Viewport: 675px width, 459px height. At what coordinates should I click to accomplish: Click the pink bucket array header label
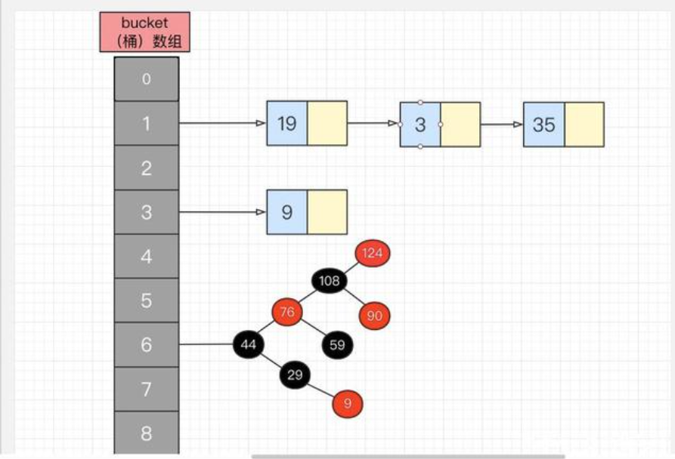144,32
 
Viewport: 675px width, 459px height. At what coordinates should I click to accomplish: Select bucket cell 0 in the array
147,79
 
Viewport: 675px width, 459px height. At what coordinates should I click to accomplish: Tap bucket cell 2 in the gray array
147,168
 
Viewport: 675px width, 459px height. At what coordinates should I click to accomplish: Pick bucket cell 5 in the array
147,301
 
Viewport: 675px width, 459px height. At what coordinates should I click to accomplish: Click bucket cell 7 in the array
147,390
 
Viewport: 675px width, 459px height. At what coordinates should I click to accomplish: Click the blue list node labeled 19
286,124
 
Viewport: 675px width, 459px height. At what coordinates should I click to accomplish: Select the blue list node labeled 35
543,125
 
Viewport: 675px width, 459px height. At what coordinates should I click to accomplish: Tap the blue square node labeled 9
286,212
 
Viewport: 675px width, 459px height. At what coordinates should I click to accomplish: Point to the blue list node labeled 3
420,125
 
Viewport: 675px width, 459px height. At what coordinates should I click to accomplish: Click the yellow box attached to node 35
584,125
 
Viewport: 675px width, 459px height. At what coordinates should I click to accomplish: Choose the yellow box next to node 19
327,124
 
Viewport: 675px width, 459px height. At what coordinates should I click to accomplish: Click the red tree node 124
372,253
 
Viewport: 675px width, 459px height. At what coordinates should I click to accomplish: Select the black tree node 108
330,282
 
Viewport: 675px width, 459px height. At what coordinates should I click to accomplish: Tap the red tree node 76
287,312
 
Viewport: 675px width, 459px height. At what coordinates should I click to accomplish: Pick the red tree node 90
374,316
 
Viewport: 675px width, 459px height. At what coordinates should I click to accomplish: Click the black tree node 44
249,344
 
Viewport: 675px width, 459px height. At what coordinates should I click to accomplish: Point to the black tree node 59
337,346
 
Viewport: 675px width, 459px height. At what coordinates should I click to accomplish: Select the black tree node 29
296,375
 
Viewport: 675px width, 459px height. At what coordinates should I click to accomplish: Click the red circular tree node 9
348,404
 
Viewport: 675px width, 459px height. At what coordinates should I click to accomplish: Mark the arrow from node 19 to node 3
373,124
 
